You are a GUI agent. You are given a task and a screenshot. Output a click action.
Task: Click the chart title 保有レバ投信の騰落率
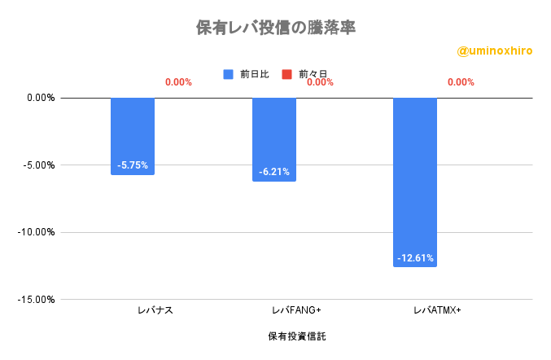coord(276,28)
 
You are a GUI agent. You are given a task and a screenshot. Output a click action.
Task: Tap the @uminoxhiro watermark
coord(494,51)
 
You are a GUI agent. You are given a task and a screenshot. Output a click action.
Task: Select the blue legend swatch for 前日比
coord(229,74)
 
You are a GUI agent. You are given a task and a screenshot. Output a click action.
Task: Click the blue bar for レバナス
coord(133,136)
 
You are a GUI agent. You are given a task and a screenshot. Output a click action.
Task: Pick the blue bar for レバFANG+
coord(274,139)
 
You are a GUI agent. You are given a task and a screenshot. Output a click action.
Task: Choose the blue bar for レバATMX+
coord(415,182)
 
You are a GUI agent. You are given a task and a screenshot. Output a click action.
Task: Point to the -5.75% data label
coord(133,165)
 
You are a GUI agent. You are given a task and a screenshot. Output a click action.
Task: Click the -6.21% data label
coord(274,172)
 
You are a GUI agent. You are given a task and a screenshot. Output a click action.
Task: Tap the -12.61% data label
coord(415,258)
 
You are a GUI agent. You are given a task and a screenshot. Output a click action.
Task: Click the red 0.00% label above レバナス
coord(178,82)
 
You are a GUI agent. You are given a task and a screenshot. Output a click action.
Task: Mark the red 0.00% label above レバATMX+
coord(461,82)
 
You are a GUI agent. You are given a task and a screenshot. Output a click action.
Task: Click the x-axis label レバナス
coord(155,310)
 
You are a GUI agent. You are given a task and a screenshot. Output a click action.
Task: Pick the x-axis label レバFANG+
coord(296,310)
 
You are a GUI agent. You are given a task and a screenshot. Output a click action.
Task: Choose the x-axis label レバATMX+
coord(437,310)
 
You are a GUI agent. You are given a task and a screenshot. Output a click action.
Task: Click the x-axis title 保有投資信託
coord(296,336)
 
